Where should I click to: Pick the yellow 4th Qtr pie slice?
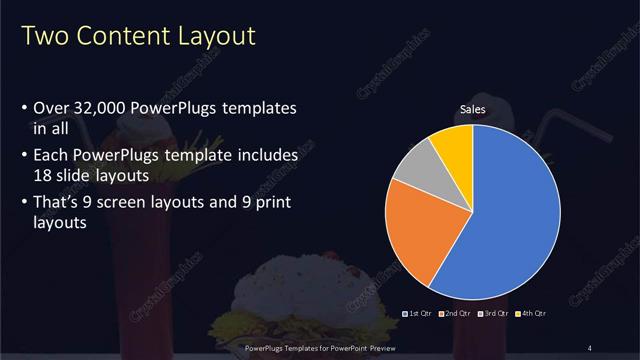[454, 145]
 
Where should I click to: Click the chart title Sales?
[473, 109]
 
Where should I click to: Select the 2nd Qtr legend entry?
[455, 314]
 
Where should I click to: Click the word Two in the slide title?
[42, 38]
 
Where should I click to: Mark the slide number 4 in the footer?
[591, 347]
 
